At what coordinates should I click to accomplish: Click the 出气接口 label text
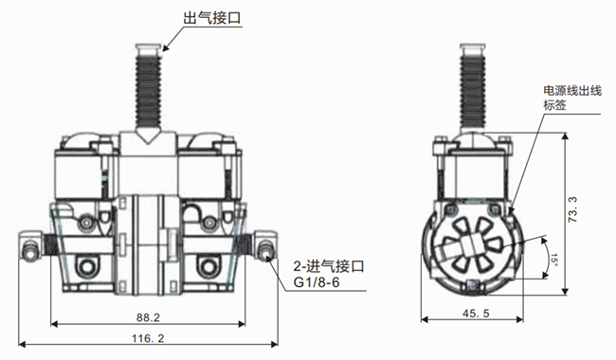pos(212,18)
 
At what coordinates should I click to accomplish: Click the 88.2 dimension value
pos(148,317)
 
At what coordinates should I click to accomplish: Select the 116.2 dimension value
pos(148,338)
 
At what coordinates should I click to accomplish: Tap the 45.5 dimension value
pos(476,314)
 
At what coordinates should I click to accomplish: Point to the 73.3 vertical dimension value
pos(572,210)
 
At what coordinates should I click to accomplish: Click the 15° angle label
pos(553,260)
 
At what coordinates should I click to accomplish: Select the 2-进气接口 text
pos(329,266)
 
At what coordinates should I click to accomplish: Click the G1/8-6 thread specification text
pos(317,282)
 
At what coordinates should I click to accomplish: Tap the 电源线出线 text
pos(572,91)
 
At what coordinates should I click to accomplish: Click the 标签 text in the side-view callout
pos(554,105)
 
